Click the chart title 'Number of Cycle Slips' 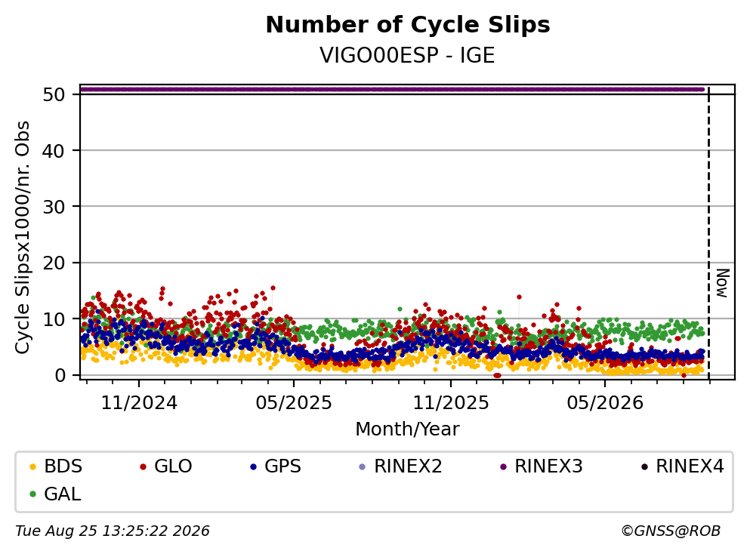pos(408,25)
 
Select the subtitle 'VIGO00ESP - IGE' pos(407,55)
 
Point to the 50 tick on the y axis pos(54,94)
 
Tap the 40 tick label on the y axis pos(54,151)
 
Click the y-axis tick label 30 pos(54,207)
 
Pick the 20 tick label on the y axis pos(54,263)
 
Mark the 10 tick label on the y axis pos(54,319)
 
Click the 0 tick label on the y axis pos(60,375)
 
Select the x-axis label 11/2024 pos(139,403)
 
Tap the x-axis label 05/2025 pos(294,403)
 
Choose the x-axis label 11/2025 pos(451,403)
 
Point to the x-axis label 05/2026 pos(605,403)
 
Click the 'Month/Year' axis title pos(407,429)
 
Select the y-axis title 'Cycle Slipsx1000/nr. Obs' pos(22,238)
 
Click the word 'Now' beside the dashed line pos(723,284)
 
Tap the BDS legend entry pos(56,466)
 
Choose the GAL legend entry pos(55,494)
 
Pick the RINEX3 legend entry pos(542,466)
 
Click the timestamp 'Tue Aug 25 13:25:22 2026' pos(113,531)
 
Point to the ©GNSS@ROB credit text pos(671,531)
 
